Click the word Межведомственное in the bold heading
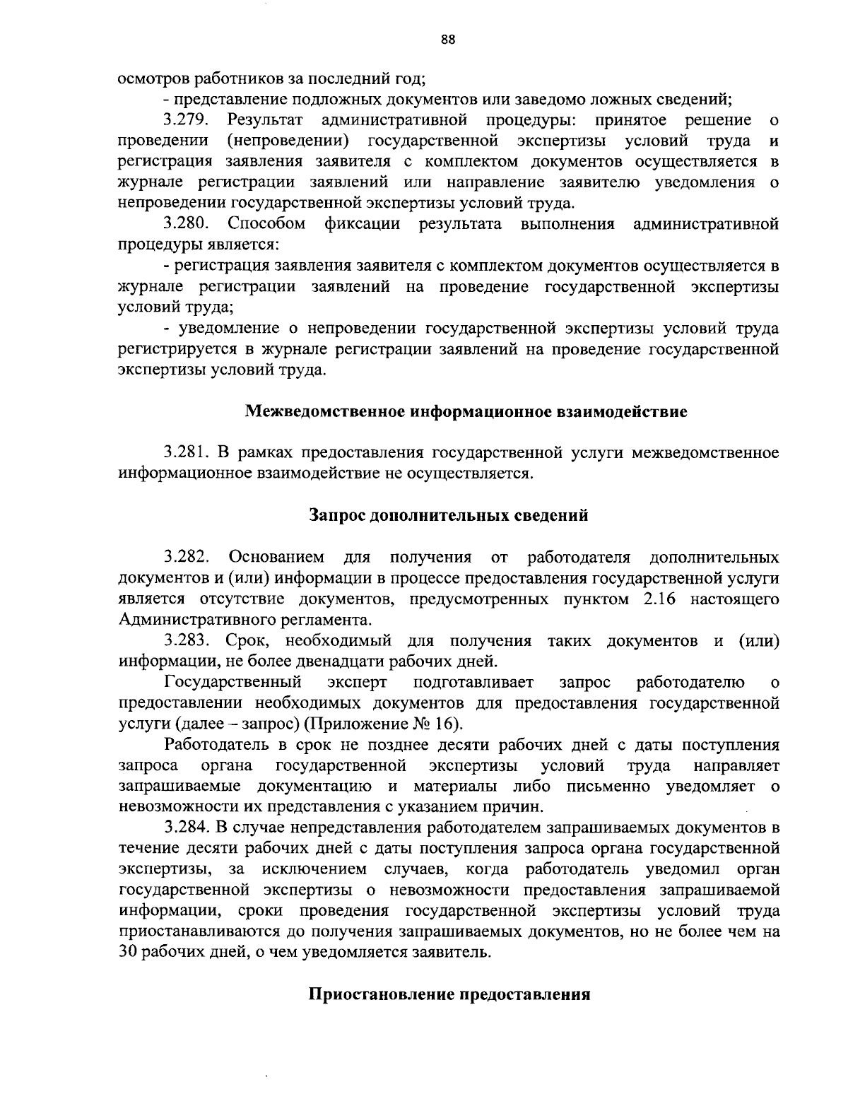[x=326, y=411]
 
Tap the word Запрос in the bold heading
[x=338, y=517]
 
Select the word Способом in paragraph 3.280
[x=267, y=225]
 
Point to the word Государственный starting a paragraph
[x=233, y=683]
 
